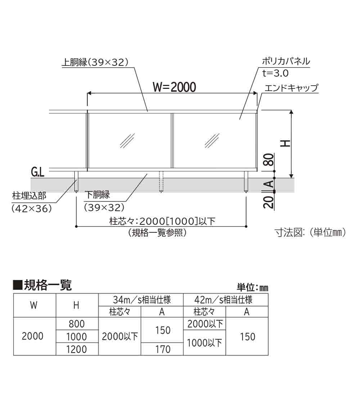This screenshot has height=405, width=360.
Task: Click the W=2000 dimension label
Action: pyautogui.click(x=174, y=87)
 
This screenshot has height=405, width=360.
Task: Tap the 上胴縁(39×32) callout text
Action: pyautogui.click(x=95, y=62)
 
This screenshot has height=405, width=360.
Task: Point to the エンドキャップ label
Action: pyautogui.click(x=291, y=88)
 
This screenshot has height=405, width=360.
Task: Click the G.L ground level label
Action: pyautogui.click(x=38, y=172)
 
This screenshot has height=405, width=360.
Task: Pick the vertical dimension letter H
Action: pyautogui.click(x=285, y=144)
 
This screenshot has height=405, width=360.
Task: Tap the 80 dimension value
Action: pyautogui.click(x=269, y=160)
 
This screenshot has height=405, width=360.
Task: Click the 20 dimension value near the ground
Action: pyautogui.click(x=269, y=202)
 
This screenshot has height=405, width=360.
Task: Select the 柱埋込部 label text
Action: pyautogui.click(x=29, y=196)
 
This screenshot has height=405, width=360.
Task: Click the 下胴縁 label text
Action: pyautogui.click(x=98, y=195)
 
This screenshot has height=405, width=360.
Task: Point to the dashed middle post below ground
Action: pyautogui.click(x=161, y=182)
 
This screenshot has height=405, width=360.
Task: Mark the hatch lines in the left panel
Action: pyautogui.click(x=127, y=141)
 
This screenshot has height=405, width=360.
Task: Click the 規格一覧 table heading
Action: pyautogui.click(x=42, y=286)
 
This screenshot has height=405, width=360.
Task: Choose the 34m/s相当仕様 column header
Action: pyautogui.click(x=141, y=300)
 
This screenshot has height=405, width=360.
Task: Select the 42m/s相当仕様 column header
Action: pyautogui.click(x=223, y=300)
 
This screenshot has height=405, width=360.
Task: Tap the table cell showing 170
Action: pyautogui.click(x=163, y=349)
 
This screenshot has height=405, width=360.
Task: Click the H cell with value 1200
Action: pyautogui.click(x=76, y=349)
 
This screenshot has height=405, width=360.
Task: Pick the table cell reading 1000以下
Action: pyautogui.click(x=204, y=343)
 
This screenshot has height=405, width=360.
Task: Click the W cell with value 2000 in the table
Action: pyautogui.click(x=32, y=336)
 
